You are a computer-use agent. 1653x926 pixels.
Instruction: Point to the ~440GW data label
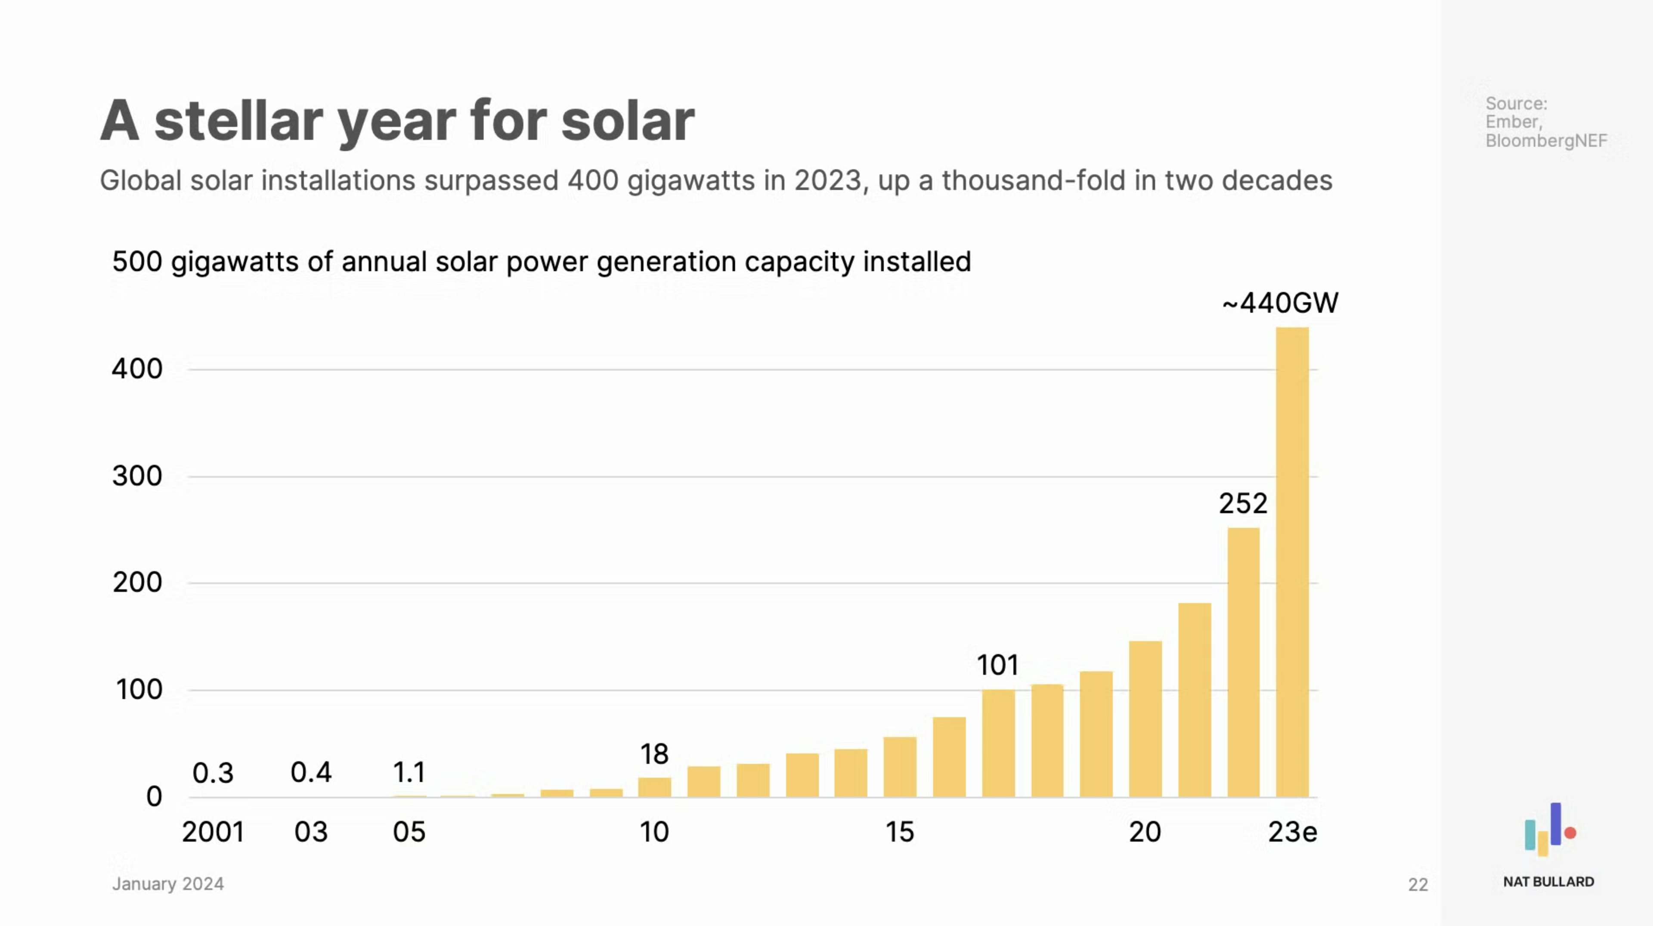point(1280,303)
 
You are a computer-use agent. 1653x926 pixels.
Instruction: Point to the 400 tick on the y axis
point(137,369)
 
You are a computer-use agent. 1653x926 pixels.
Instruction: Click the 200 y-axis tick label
point(137,583)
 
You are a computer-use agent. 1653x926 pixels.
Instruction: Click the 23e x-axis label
point(1292,832)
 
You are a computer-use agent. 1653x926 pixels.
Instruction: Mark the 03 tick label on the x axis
point(311,832)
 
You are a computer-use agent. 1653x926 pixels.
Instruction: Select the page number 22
point(1418,885)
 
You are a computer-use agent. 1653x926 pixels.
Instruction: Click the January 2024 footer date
point(168,884)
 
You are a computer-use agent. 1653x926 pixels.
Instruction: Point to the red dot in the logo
point(1570,833)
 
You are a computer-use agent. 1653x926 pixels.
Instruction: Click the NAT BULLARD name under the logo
point(1548,882)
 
